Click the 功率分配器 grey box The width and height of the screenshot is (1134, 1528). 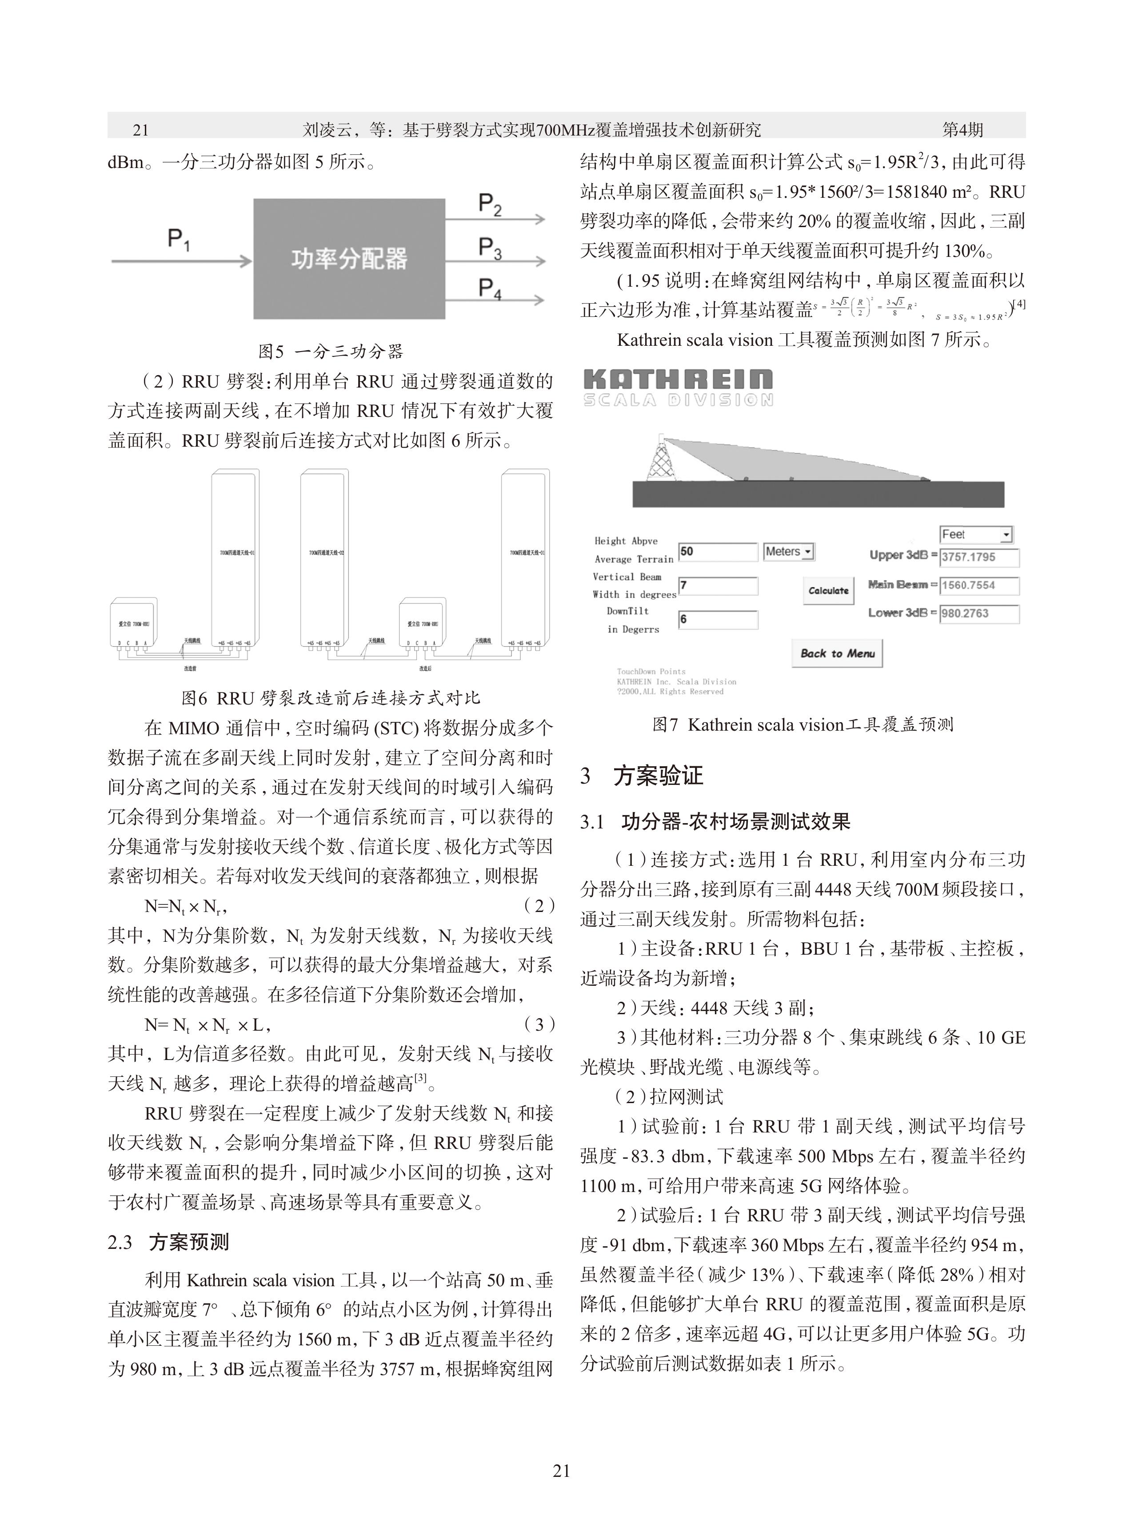click(349, 259)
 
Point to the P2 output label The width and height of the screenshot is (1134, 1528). click(490, 204)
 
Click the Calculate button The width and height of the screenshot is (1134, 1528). click(829, 590)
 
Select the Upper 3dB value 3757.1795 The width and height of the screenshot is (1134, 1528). click(979, 557)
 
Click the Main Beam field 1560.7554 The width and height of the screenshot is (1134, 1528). click(979, 585)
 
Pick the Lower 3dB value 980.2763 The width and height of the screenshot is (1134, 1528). click(979, 614)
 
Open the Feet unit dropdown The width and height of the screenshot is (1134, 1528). click(975, 534)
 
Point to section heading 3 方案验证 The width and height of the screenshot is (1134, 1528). click(642, 776)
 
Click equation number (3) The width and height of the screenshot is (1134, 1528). click(539, 1025)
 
